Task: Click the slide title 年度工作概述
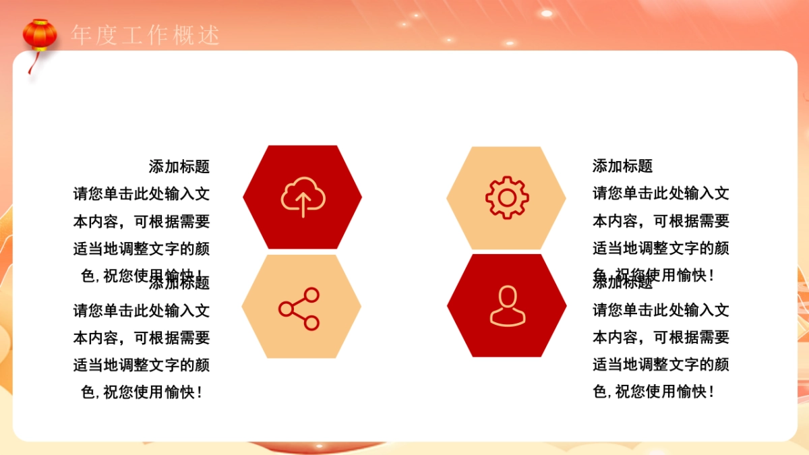coord(146,35)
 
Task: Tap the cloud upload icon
coord(303,196)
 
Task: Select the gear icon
coord(506,197)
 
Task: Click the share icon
coord(299,309)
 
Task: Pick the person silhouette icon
coord(507,306)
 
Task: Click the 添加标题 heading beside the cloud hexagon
coord(179,166)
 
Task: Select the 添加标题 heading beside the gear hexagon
coord(622,166)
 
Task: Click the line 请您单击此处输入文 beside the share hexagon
coord(142,310)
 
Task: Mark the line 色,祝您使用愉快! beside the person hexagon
coord(653,392)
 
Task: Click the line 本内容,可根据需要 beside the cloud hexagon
coord(142,221)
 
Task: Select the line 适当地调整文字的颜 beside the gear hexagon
coord(661,248)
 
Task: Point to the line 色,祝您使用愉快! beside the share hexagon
coord(142,392)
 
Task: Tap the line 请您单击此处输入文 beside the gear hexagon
coord(661,193)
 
